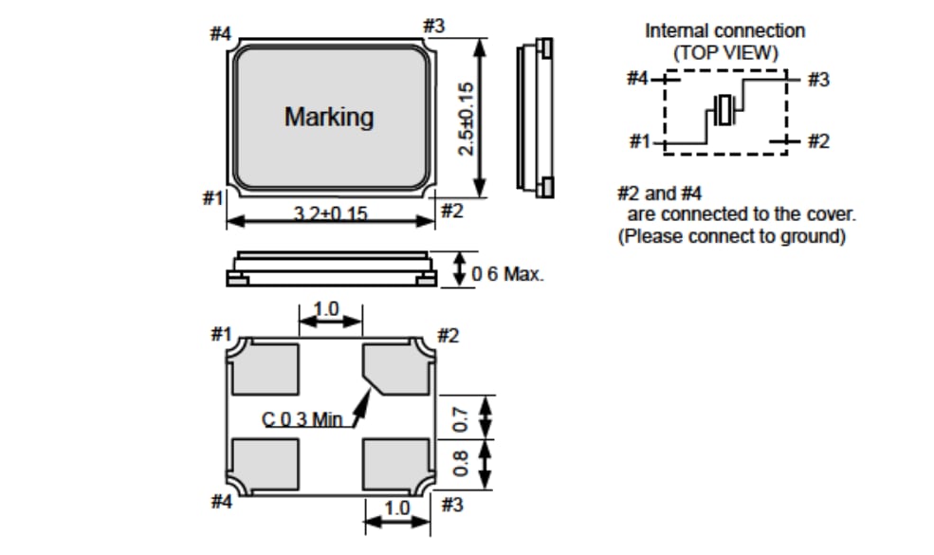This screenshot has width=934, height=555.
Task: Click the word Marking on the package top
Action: pos(329,118)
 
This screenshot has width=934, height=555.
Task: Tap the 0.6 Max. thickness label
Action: pos(507,274)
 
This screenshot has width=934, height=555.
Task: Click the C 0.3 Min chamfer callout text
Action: pos(302,418)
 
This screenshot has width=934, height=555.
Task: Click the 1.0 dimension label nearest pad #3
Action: pos(396,508)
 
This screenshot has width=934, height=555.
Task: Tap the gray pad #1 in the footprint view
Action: pos(266,368)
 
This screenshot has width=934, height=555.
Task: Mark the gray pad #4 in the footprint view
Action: pos(266,462)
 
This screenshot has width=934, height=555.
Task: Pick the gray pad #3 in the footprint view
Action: pos(396,462)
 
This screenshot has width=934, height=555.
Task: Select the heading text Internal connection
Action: pos(724,30)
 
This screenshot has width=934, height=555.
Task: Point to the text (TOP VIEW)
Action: pos(725,53)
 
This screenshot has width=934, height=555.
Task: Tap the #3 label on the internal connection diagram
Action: pos(817,80)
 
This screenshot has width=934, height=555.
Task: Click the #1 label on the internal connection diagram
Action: pos(640,141)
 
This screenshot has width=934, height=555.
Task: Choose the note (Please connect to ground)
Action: pos(731,237)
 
